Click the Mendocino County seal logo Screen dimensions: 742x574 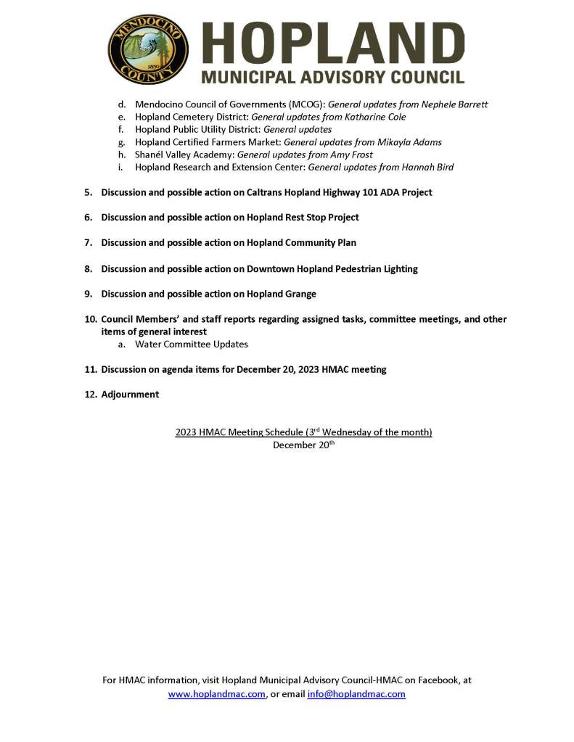pyautogui.click(x=148, y=49)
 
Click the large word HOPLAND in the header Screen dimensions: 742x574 pyautogui.click(x=332, y=43)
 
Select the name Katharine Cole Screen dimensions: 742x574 pyautogui.click(x=373, y=117)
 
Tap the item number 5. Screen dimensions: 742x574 pyautogui.click(x=88, y=192)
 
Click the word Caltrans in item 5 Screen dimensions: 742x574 pyautogui.click(x=266, y=192)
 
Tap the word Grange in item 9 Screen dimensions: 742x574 pyautogui.click(x=300, y=294)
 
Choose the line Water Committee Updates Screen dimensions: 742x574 pyautogui.click(x=191, y=344)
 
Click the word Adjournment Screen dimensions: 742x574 pyautogui.click(x=130, y=395)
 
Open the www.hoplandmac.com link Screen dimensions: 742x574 pyautogui.click(x=216, y=694)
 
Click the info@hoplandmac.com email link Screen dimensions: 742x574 pyautogui.click(x=356, y=694)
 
